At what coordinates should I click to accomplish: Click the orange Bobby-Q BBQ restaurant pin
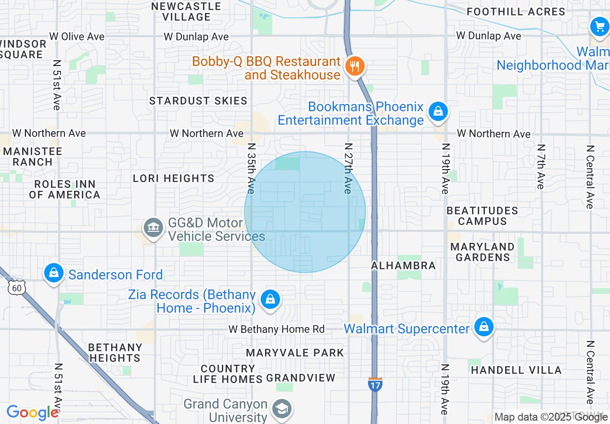tap(355, 66)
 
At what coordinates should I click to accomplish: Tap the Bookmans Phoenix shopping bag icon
tap(438, 112)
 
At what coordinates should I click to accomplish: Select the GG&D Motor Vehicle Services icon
tap(153, 227)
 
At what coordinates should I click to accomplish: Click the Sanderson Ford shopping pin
tap(54, 273)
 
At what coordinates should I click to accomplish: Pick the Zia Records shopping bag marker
tap(270, 300)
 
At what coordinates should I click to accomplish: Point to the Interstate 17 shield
tap(375, 384)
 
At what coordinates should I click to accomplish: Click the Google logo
tap(32, 413)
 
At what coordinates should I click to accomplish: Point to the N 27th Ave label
tap(348, 168)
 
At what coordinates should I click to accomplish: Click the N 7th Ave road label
tap(541, 166)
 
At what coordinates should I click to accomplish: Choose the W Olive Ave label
tap(77, 37)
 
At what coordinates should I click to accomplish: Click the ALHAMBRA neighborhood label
tap(403, 265)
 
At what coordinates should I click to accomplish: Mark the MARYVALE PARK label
tap(295, 353)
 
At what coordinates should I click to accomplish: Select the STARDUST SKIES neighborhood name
tap(198, 101)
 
